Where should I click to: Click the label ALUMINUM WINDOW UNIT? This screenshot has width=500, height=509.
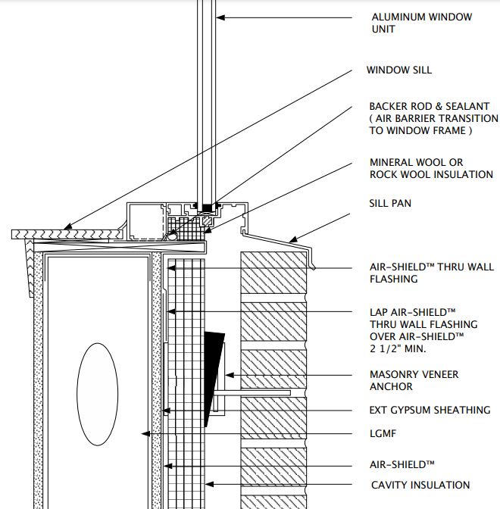click(422, 23)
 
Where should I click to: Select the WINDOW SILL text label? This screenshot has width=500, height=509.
click(399, 70)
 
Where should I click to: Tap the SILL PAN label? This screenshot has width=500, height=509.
click(390, 203)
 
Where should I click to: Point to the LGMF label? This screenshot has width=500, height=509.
click(383, 433)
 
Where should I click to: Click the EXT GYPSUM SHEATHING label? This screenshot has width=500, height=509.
click(430, 410)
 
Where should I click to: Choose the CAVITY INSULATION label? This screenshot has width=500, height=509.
click(420, 485)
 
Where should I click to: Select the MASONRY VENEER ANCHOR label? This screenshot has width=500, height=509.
click(414, 380)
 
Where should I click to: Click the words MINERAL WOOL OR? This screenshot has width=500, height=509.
click(416, 162)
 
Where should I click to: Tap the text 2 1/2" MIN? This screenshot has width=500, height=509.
click(398, 348)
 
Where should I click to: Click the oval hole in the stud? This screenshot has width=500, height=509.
click(98, 395)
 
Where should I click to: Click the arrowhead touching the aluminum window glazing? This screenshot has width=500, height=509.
click(220, 17)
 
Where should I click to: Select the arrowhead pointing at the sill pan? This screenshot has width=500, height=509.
click(293, 240)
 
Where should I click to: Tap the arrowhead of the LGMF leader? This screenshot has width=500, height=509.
click(145, 434)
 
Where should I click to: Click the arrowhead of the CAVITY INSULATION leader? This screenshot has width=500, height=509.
click(209, 484)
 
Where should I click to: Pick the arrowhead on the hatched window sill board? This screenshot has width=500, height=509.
click(67, 226)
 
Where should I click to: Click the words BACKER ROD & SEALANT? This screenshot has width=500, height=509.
click(430, 106)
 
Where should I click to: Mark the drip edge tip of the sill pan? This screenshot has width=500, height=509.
click(314, 268)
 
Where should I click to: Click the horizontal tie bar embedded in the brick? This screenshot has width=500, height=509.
click(252, 393)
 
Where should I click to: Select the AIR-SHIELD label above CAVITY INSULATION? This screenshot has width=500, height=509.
click(402, 464)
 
